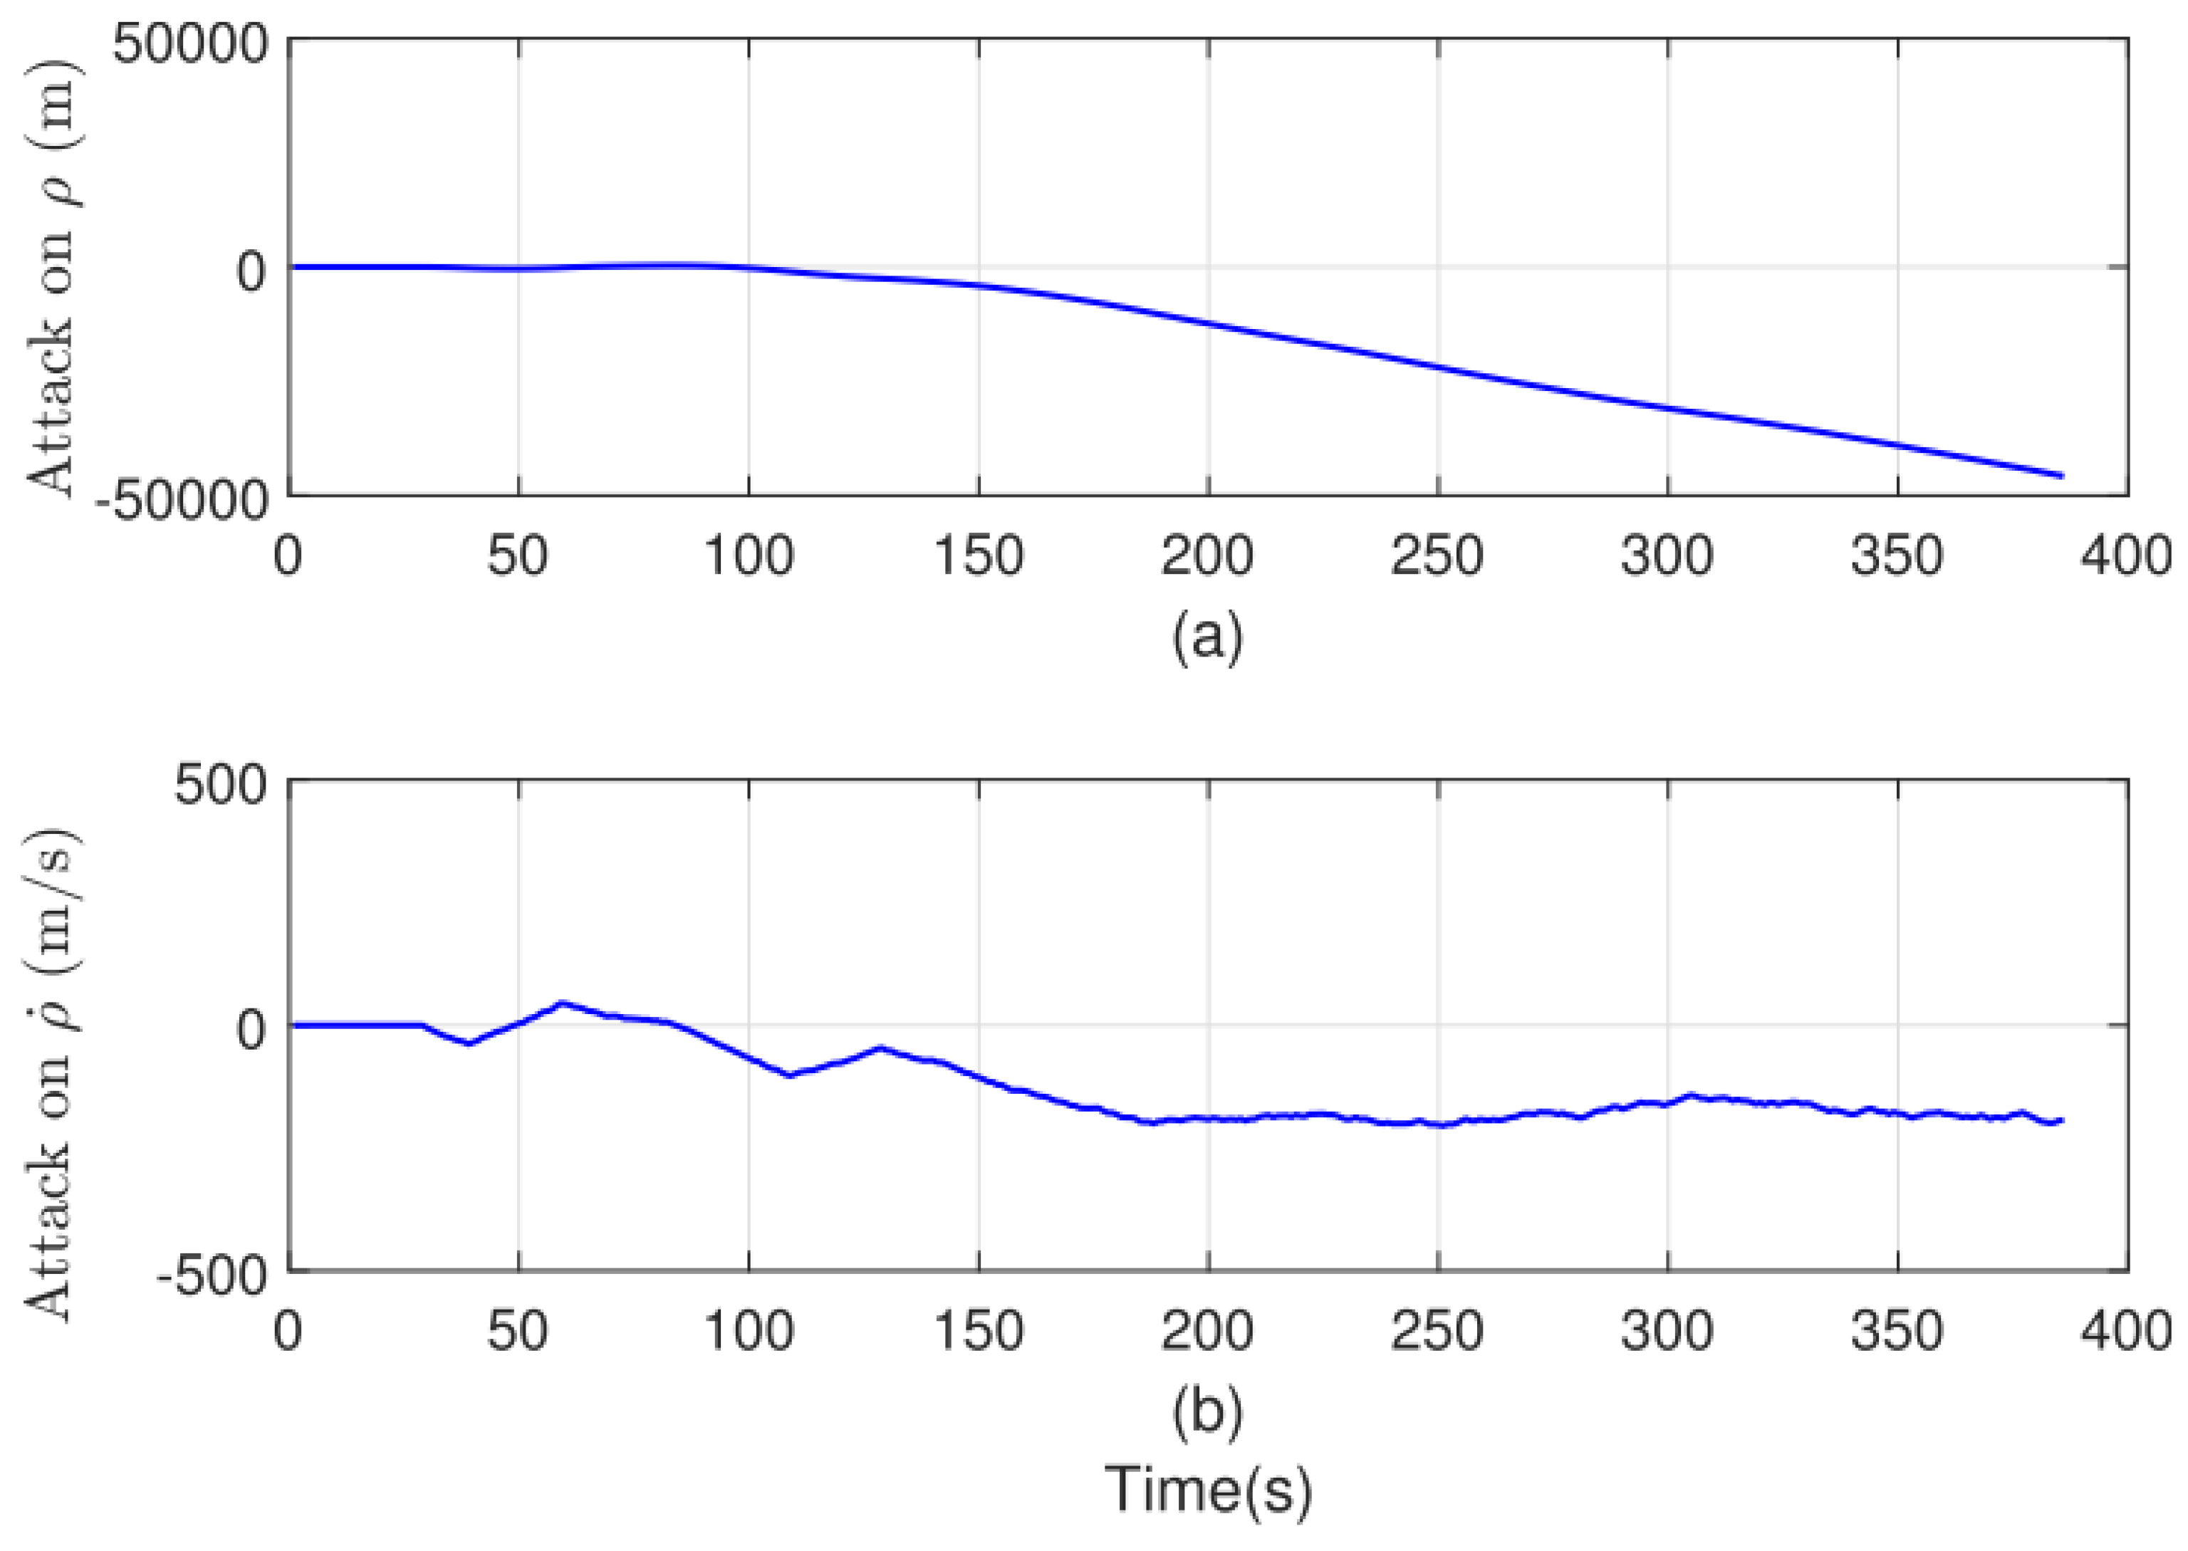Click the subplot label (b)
pyautogui.click(x=1208, y=1411)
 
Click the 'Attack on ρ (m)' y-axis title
pyautogui.click(x=50, y=277)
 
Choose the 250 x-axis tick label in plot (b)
pyautogui.click(x=1437, y=1330)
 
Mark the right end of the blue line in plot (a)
pyautogui.click(x=2062, y=476)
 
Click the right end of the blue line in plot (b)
pyautogui.click(x=2062, y=1119)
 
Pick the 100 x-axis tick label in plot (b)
pyautogui.click(x=749, y=1330)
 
